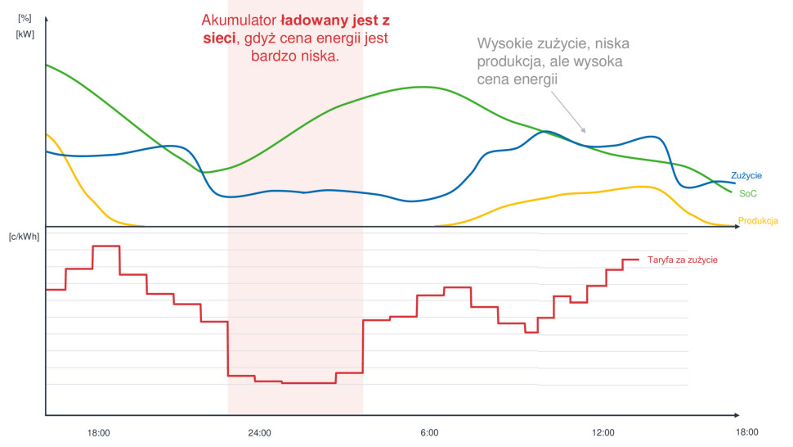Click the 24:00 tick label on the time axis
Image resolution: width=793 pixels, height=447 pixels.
point(259,432)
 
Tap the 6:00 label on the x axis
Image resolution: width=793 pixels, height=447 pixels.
point(428,432)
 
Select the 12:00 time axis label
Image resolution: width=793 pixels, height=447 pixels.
point(603,432)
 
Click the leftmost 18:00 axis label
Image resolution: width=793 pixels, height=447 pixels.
point(98,432)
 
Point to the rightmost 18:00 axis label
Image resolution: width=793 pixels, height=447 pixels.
point(746,432)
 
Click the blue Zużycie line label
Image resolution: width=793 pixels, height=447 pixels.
point(746,175)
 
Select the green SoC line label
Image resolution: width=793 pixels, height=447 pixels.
point(747,193)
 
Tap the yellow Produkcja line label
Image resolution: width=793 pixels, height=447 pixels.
point(758,220)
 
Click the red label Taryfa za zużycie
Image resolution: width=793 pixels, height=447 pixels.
point(682,260)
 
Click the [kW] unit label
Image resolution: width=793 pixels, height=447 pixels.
point(24,34)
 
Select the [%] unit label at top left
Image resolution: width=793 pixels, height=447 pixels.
point(24,16)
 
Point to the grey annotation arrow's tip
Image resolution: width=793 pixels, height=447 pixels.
point(585,132)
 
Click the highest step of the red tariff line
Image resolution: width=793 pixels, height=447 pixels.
point(106,246)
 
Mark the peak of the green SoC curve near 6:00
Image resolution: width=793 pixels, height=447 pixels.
point(422,86)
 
